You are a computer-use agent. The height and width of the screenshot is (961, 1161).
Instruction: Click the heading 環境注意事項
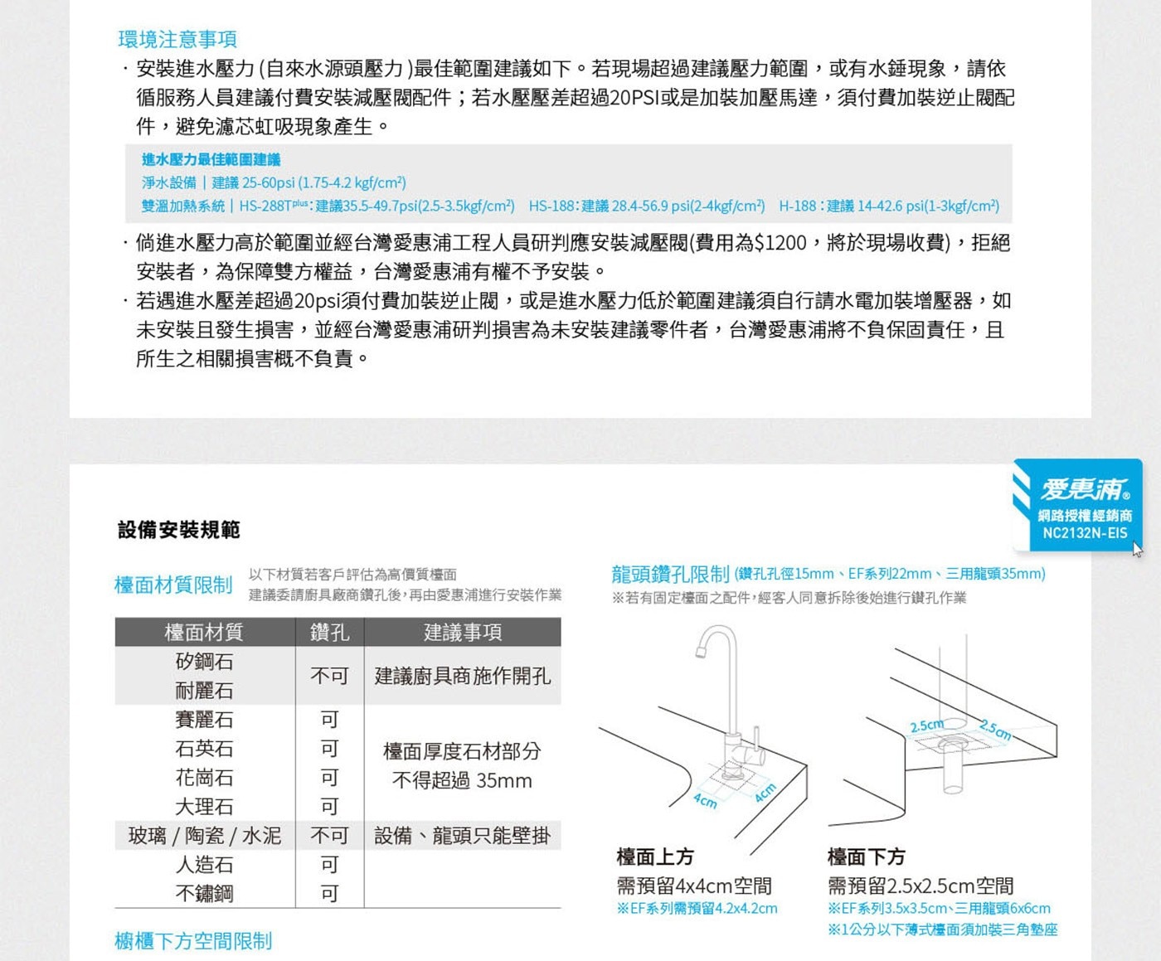[177, 39]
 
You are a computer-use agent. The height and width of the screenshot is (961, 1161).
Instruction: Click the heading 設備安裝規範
[179, 530]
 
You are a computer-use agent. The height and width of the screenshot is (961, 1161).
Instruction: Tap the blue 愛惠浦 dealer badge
[1077, 505]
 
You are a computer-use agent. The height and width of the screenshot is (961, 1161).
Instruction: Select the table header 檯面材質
[204, 633]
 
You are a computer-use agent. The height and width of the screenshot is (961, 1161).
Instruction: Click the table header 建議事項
[462, 633]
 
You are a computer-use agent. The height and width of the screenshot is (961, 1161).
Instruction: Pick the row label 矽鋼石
[204, 662]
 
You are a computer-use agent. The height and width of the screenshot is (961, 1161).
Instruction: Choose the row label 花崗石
[204, 778]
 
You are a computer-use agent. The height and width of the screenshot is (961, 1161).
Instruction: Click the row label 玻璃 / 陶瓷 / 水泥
[204, 836]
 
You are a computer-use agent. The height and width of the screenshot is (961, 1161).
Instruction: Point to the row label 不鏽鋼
[204, 894]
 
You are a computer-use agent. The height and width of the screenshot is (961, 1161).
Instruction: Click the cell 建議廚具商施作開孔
[462, 677]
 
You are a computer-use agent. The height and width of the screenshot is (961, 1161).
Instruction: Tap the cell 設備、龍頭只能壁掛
[462, 836]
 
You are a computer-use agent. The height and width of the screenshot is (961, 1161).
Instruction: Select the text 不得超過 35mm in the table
[462, 781]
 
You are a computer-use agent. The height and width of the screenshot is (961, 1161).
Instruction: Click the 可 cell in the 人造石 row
[329, 865]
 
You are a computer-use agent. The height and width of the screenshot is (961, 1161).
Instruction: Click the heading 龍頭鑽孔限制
[670, 574]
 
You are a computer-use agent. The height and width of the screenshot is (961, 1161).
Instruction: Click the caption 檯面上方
[655, 857]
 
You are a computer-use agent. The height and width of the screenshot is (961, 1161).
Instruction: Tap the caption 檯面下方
[866, 857]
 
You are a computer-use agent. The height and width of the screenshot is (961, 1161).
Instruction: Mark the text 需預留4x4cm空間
[694, 886]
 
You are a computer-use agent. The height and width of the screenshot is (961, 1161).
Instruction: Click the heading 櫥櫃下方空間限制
[193, 941]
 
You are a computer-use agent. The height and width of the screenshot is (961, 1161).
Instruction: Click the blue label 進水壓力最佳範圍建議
[211, 159]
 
